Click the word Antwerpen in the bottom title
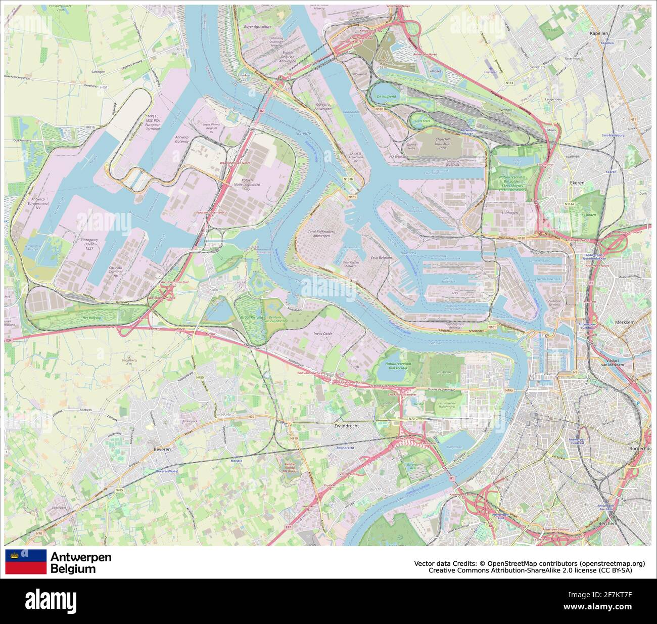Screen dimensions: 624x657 pyautogui.click(x=81, y=557)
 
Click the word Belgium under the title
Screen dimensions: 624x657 pyautogui.click(x=73, y=569)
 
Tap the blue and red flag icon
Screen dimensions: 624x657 pyautogui.click(x=26, y=562)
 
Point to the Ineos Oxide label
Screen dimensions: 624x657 pyautogui.click(x=324, y=333)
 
